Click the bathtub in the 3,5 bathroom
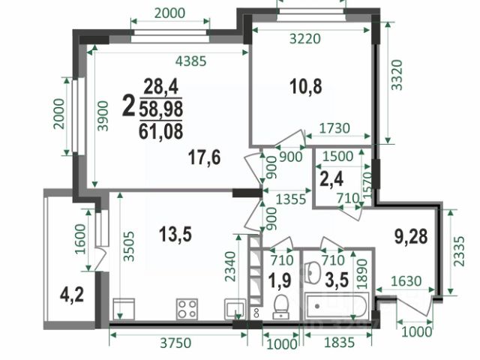pos(337,306)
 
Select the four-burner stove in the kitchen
pos(187,308)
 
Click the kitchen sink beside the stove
pos(235,309)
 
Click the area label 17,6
pos(204,157)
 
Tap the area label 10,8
pos(306,86)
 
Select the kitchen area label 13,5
pos(175,235)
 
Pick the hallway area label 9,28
pos(411,236)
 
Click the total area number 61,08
pos(161,131)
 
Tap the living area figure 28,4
pos(161,87)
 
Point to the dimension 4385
pos(191,61)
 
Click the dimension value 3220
pos(305,39)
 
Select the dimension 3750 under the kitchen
pos(175,343)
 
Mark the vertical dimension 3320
pos(397,75)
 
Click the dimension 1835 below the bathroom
pos(339,343)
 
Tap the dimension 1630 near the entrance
pos(406,280)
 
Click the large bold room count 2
pos(128,106)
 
